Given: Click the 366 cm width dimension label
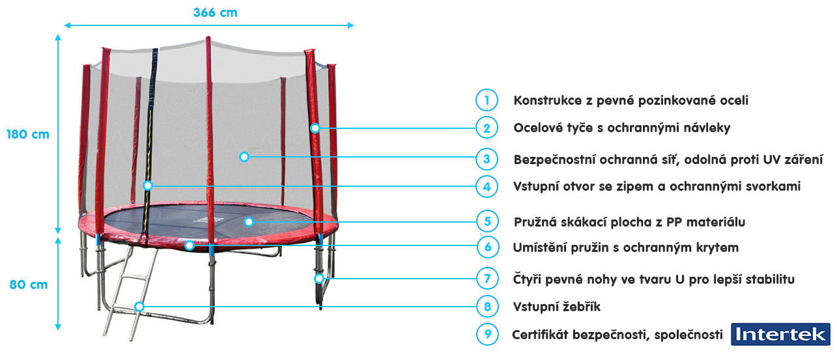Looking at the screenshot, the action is click(x=215, y=13).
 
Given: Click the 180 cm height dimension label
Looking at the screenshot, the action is click(x=28, y=135).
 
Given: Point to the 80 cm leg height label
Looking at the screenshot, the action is click(x=29, y=284).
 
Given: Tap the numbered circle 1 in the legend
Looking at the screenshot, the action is click(x=487, y=100).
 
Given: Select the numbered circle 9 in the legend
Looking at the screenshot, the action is click(x=487, y=334).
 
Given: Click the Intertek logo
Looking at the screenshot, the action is click(x=780, y=334).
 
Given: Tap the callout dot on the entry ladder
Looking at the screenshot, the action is click(x=139, y=307).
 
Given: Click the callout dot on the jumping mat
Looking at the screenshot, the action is click(x=249, y=222).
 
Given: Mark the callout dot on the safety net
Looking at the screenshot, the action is click(x=244, y=157).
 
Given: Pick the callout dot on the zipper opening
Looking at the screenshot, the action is click(x=148, y=186).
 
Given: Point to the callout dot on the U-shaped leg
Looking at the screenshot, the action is click(x=319, y=279).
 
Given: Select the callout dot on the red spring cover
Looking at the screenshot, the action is click(x=190, y=245).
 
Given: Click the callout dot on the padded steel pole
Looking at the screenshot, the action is click(x=315, y=128).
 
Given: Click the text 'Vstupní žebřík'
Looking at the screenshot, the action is click(x=557, y=307).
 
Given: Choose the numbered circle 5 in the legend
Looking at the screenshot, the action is click(x=487, y=221).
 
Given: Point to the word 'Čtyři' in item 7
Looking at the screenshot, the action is click(x=527, y=279).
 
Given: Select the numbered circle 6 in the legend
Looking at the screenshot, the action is click(x=488, y=247).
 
